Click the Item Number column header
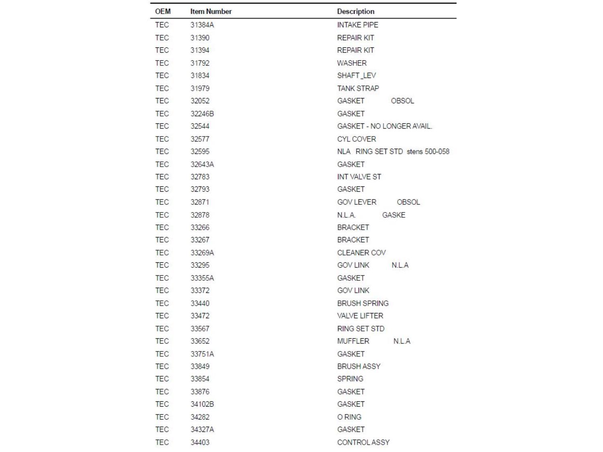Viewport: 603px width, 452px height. pyautogui.click(x=211, y=12)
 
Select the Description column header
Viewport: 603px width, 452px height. pyautogui.click(x=355, y=12)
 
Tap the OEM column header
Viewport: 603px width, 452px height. pyautogui.click(x=162, y=12)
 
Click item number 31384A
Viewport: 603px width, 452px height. pyautogui.click(x=202, y=25)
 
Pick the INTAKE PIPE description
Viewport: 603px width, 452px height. pyautogui.click(x=357, y=25)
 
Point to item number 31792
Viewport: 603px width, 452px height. pyautogui.click(x=200, y=63)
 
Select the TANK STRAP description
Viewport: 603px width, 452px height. pyautogui.click(x=358, y=88)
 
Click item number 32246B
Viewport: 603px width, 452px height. pyautogui.click(x=202, y=114)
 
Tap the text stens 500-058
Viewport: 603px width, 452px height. pyautogui.click(x=428, y=151)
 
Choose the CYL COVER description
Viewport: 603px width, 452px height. pyautogui.click(x=356, y=139)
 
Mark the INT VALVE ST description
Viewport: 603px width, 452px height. pyautogui.click(x=359, y=177)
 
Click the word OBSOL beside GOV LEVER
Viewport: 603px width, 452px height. pyautogui.click(x=408, y=202)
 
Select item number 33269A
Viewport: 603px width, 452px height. pyautogui.click(x=202, y=253)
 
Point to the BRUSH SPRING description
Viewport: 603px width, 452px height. pyautogui.click(x=363, y=303)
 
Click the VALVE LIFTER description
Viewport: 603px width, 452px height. pyautogui.click(x=360, y=316)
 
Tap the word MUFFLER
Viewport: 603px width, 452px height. pyautogui.click(x=353, y=341)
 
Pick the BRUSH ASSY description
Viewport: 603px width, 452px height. pyautogui.click(x=359, y=366)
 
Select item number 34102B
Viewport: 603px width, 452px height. pyautogui.click(x=202, y=404)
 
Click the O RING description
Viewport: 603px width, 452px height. pyautogui.click(x=349, y=417)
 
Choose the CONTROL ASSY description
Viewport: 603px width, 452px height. pyautogui.click(x=363, y=442)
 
